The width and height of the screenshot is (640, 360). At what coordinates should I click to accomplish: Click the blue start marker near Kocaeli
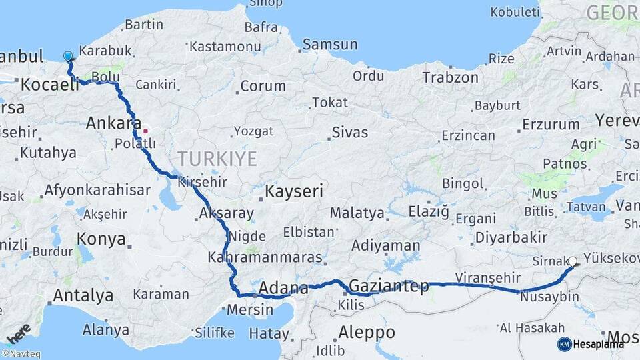coord(68,57)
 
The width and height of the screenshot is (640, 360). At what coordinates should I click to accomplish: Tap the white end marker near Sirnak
coord(573,262)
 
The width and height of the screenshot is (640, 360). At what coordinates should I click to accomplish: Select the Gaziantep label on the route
coord(389,286)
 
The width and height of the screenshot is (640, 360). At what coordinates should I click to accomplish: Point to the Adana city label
coord(283,289)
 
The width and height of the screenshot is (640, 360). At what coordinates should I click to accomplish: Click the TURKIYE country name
coord(217,158)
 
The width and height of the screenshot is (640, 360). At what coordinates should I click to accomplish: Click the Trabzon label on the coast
coord(450,77)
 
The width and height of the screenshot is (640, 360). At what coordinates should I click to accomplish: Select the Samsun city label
coord(329,45)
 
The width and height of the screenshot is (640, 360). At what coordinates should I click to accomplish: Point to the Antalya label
coord(83,295)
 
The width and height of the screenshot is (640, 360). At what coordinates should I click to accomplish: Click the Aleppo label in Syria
coord(366,331)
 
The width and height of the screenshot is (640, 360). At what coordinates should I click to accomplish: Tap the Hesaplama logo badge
coord(591,344)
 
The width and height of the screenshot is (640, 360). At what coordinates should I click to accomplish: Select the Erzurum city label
coord(551,124)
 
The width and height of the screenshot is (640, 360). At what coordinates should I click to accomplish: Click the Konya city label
coord(101,239)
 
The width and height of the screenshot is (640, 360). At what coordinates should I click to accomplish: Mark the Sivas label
coord(349,132)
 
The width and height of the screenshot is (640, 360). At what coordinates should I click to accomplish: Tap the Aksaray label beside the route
coord(226,214)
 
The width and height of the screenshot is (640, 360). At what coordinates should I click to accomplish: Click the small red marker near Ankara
coord(145,131)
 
